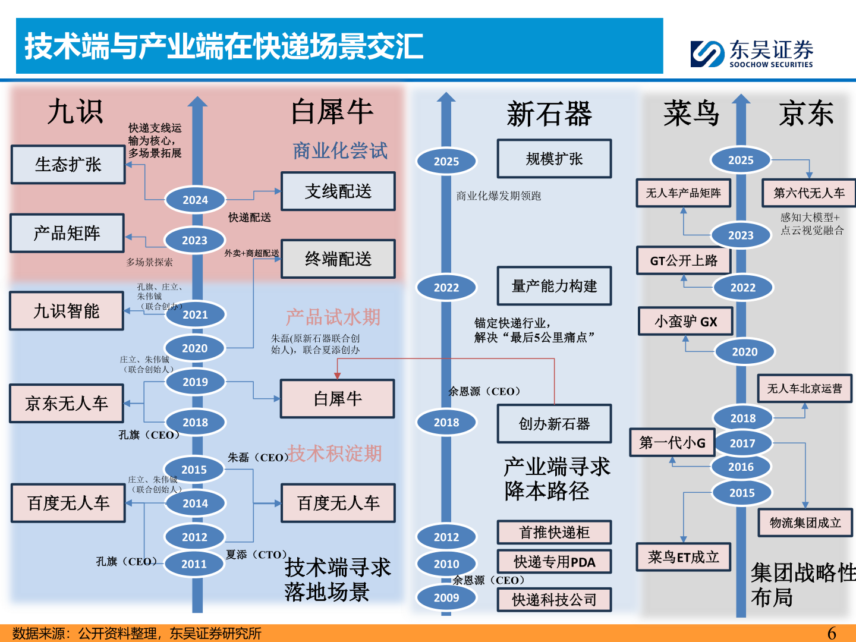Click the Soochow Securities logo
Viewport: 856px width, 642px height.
point(751,53)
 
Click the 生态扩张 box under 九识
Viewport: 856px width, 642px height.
point(68,165)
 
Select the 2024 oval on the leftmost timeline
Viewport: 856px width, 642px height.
point(195,200)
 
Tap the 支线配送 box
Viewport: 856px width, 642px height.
point(338,191)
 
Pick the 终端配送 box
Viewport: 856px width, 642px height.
point(338,259)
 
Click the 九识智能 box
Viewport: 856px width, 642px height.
point(67,311)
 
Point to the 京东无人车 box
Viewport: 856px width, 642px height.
point(67,404)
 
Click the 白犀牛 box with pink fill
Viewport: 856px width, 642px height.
point(338,399)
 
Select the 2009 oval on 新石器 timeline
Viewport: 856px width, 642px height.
point(446,598)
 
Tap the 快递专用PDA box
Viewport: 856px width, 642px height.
point(554,562)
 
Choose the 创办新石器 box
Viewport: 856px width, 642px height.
point(554,424)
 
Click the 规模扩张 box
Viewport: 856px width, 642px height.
point(554,159)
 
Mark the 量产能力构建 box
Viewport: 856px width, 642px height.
point(554,286)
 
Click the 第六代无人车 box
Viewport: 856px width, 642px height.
point(808,193)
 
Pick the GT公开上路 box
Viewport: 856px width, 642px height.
point(683,260)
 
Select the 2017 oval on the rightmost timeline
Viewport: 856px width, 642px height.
point(742,443)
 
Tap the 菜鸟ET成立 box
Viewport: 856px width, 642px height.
point(683,557)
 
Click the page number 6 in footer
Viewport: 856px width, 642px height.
point(832,634)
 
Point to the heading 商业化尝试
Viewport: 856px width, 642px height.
point(340,151)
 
